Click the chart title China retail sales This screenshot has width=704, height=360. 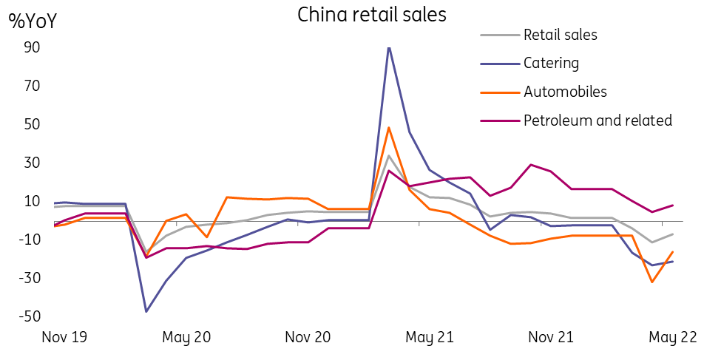pyautogui.click(x=372, y=14)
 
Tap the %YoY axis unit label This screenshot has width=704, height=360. pyautogui.click(x=33, y=21)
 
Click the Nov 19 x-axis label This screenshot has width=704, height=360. pyautogui.click(x=64, y=337)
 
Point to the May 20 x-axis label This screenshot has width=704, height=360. pyautogui.click(x=186, y=338)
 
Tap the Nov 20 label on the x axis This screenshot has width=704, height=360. pyautogui.click(x=308, y=337)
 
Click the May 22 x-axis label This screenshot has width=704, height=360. pyautogui.click(x=672, y=338)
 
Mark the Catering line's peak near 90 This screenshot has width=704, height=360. pyautogui.click(x=389, y=47)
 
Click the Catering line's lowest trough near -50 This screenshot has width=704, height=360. pyautogui.click(x=146, y=311)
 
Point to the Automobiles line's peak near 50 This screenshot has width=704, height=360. pyautogui.click(x=389, y=127)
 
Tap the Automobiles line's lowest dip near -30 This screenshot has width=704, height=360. pyautogui.click(x=651, y=282)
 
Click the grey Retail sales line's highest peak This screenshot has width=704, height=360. pyautogui.click(x=389, y=155)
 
